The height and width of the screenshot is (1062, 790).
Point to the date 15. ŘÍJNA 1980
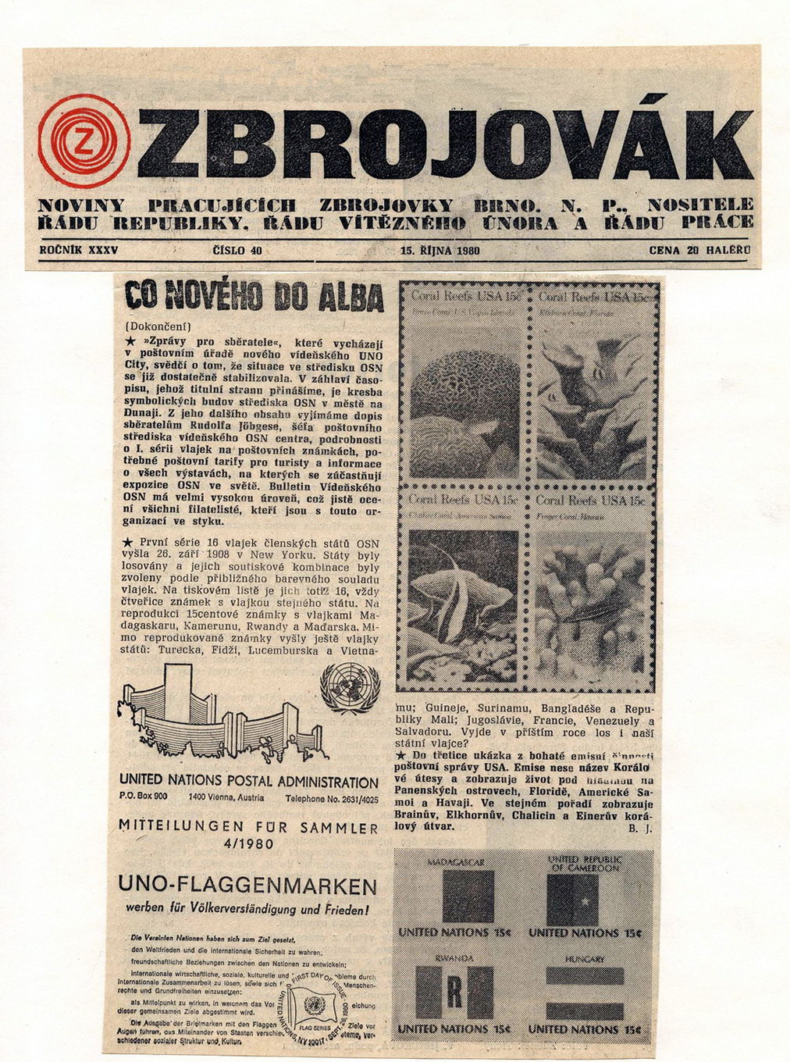[x=439, y=251]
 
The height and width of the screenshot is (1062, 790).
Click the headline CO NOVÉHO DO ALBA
[x=254, y=297]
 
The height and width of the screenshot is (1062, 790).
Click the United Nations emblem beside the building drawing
[x=350, y=687]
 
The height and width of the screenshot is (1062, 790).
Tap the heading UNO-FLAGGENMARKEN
[x=247, y=886]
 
